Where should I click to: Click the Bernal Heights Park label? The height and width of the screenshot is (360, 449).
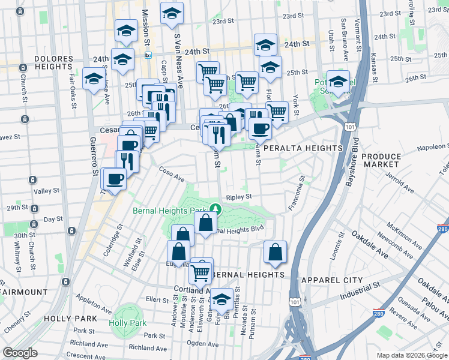(169, 211)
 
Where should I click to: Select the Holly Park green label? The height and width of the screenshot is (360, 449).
(128, 323)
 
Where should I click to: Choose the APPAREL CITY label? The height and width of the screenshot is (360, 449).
(332, 280)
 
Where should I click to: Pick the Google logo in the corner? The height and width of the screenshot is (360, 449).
(20, 353)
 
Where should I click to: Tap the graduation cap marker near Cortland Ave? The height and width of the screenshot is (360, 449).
(221, 298)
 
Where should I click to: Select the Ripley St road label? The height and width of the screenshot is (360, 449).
(238, 196)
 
